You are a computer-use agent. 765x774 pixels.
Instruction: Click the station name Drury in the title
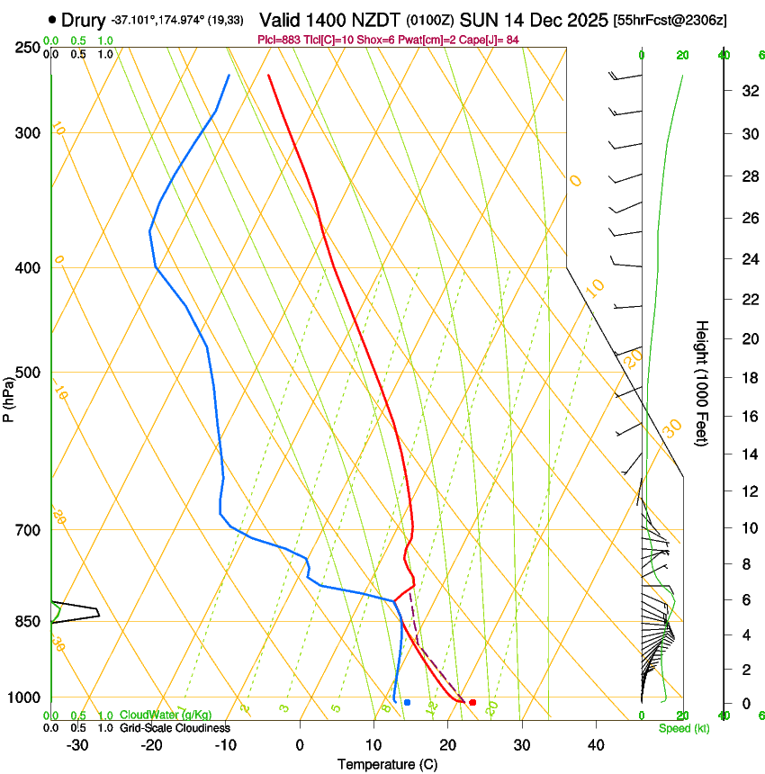pos(84,19)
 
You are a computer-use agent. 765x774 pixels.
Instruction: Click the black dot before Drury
pos(52,19)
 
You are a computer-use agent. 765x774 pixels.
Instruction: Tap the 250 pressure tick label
pos(26,48)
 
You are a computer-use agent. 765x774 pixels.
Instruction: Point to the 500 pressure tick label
pos(26,373)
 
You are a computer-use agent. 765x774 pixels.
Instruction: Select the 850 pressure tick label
pos(26,622)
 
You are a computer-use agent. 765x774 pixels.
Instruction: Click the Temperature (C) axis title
pos(389,764)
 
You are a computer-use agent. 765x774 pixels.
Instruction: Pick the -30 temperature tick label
pos(77,745)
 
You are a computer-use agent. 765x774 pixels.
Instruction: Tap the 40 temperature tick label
pos(595,745)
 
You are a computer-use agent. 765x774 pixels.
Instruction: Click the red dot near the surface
pos(472,702)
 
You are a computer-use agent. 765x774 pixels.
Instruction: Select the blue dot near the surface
pos(407,702)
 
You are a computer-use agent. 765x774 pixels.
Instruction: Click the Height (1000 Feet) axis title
pos(702,382)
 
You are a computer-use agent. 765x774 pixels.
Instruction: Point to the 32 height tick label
pos(748,91)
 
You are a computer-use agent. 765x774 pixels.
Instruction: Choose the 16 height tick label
pos(748,417)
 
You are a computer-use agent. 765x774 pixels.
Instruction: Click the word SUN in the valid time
pos(477,19)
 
